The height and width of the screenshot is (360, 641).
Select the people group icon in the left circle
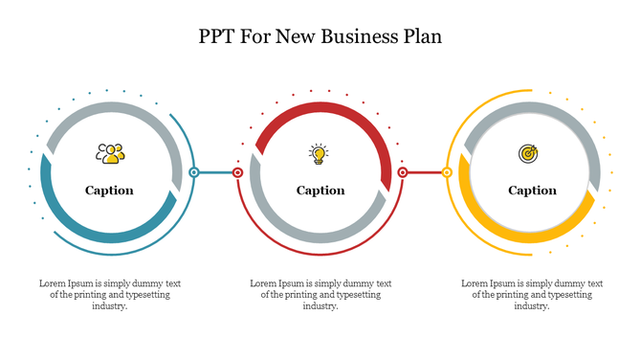110,152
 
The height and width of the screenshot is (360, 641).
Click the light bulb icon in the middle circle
319,152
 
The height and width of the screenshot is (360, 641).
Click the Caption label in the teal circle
109,191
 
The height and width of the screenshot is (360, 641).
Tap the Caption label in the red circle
320,191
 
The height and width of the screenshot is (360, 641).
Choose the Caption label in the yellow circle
532,191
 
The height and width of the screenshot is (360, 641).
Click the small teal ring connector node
194,173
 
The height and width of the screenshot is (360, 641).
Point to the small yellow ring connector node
447,173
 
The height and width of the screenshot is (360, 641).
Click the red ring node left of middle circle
238,173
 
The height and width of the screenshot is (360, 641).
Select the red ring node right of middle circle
403,173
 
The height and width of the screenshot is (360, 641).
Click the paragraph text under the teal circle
109,295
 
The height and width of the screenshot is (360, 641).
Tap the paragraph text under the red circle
320,295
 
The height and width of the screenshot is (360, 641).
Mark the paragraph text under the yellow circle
532,295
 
